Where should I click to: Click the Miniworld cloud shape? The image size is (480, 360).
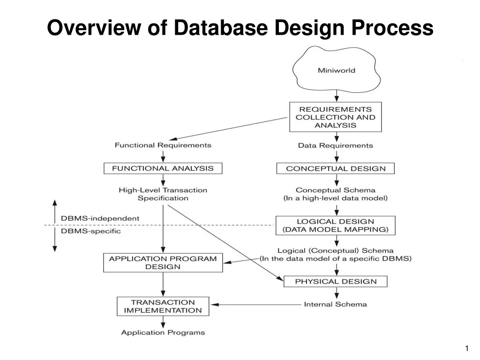click(x=336, y=71)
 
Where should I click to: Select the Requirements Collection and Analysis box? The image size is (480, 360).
click(x=335, y=117)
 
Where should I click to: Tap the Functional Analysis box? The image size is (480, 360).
click(x=163, y=168)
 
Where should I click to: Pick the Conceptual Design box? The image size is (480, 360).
click(x=336, y=168)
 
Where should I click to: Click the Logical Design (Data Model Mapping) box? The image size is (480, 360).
click(x=335, y=225)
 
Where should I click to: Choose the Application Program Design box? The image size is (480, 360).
click(x=163, y=262)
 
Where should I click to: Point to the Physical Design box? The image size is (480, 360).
click(x=336, y=281)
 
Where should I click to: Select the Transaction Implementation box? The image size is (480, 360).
click(x=163, y=306)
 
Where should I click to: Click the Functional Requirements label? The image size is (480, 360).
click(x=163, y=145)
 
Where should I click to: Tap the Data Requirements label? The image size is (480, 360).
click(x=336, y=145)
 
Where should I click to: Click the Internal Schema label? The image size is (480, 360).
click(x=336, y=304)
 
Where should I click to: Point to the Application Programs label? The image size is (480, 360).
click(x=163, y=332)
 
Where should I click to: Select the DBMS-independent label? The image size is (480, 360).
click(x=100, y=218)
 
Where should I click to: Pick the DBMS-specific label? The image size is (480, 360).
click(x=90, y=231)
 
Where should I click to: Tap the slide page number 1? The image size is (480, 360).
click(x=467, y=348)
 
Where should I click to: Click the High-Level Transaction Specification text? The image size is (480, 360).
click(x=163, y=194)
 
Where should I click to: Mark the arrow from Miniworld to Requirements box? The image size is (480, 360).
click(x=336, y=95)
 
